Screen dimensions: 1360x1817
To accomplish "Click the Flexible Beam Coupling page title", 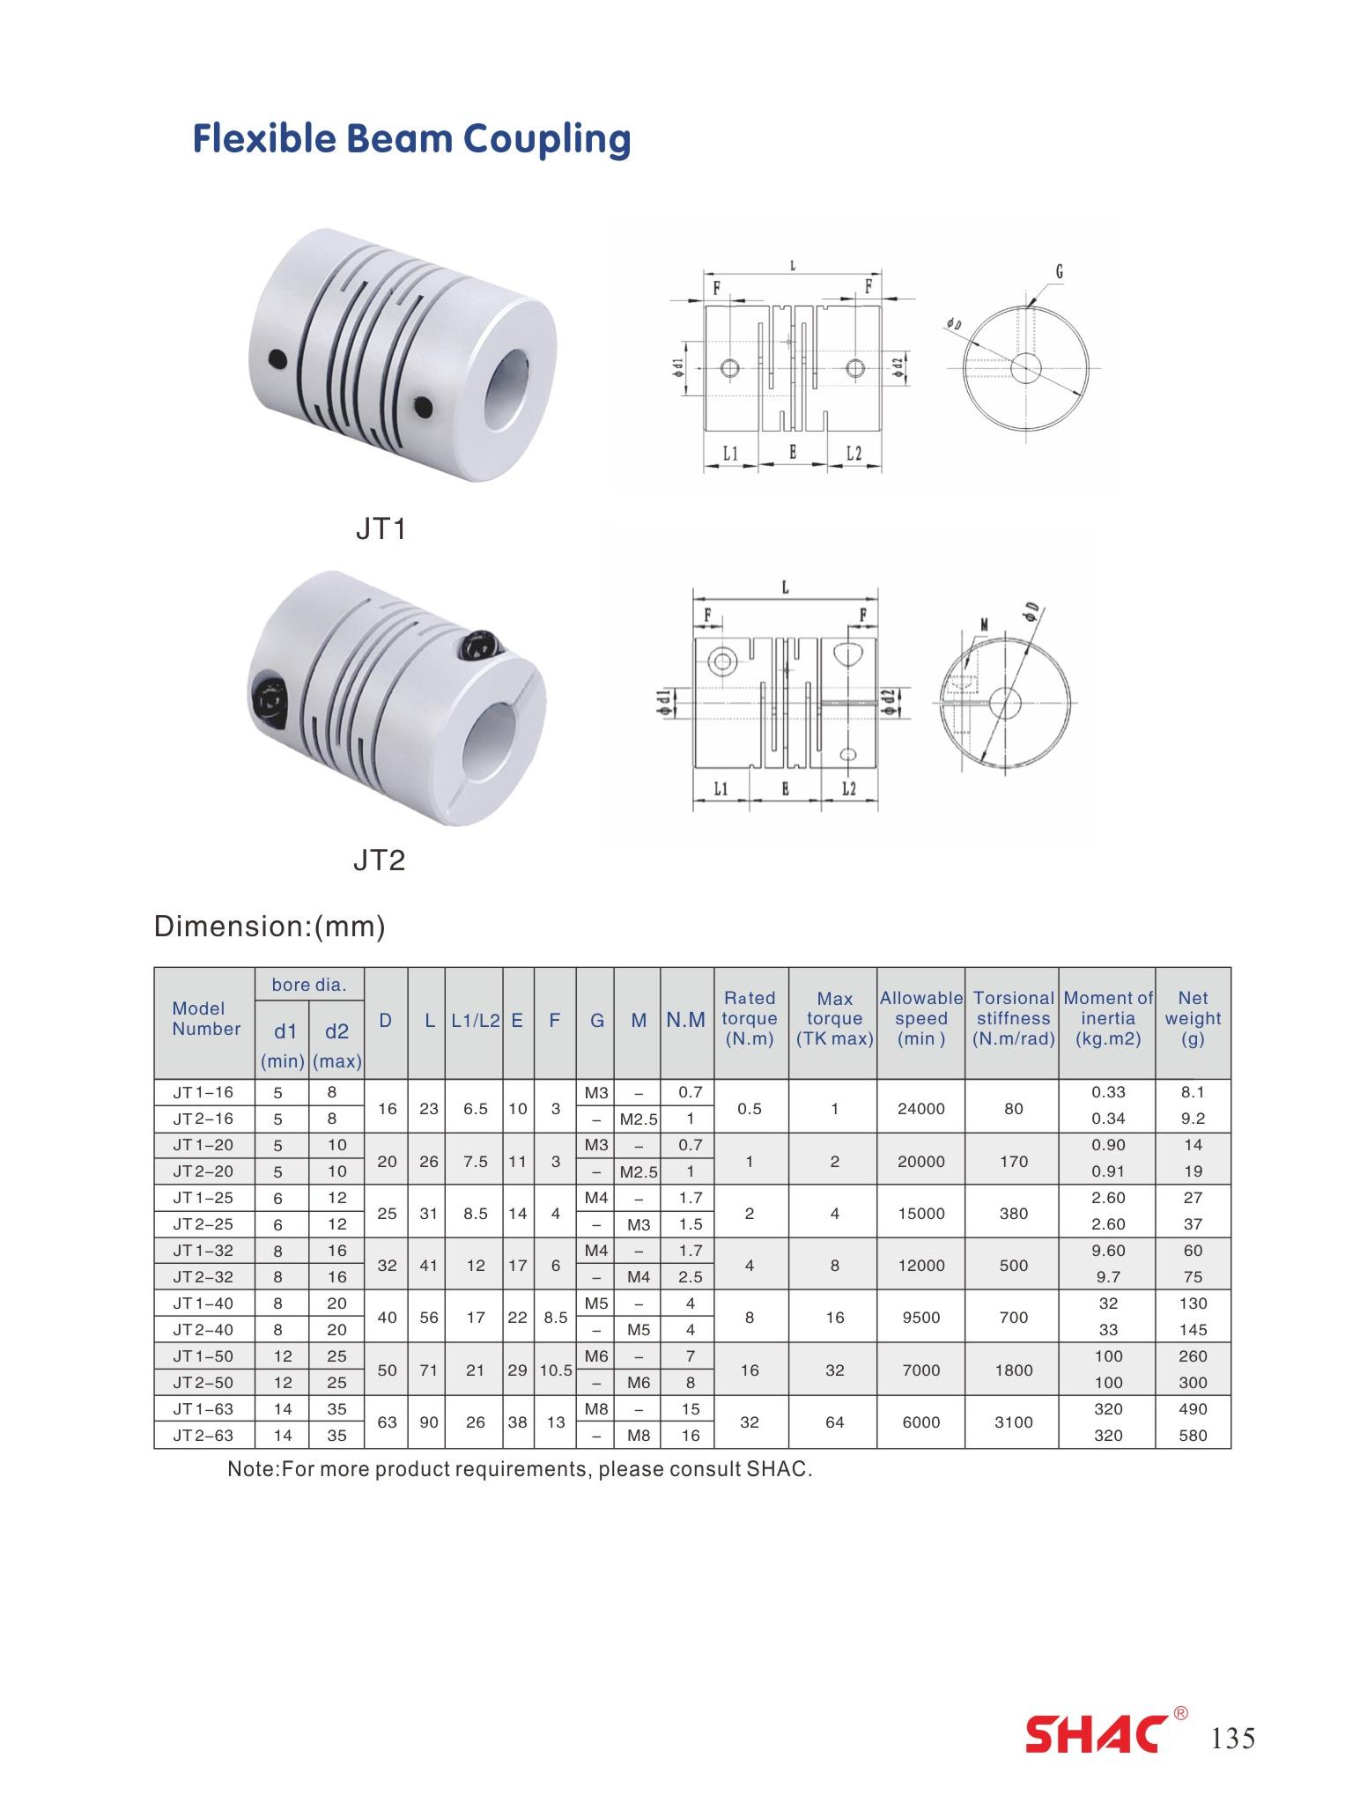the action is [x=411, y=139].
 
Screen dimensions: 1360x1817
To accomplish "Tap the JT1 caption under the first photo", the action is [x=381, y=528].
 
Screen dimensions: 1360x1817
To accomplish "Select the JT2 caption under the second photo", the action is [x=379, y=860].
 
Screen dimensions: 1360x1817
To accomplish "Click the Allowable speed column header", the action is [x=921, y=1018].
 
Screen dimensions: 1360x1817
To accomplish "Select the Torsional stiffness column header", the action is [x=1014, y=1018].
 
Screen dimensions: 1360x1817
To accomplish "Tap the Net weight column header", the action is [x=1193, y=1018].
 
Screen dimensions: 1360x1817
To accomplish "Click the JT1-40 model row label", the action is [x=203, y=1303].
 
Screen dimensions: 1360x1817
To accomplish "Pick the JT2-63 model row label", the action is [x=203, y=1435].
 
